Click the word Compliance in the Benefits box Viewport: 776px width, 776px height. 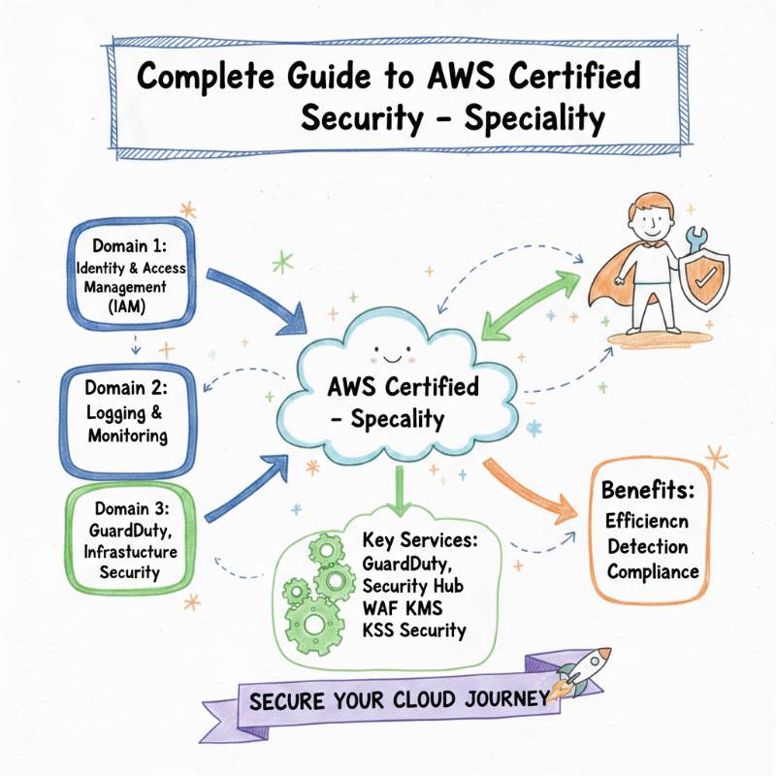click(x=653, y=571)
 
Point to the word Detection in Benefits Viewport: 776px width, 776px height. click(x=649, y=545)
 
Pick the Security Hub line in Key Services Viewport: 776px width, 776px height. click(x=412, y=587)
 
